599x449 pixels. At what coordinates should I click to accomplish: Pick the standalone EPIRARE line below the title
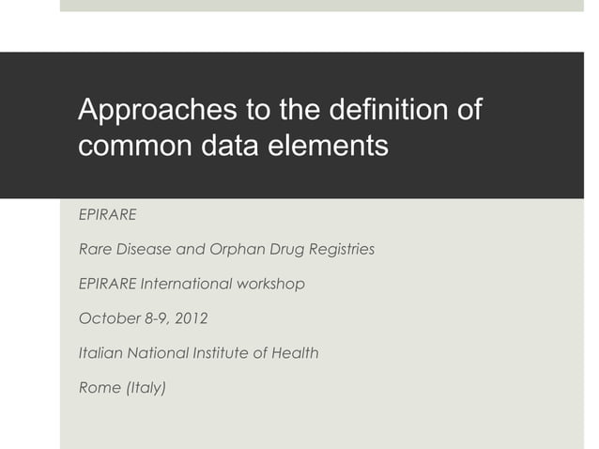tap(107, 214)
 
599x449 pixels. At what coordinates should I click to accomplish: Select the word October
tap(106, 318)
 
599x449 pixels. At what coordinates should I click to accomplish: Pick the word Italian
tap(99, 353)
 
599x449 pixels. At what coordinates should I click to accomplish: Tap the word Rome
tap(100, 388)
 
